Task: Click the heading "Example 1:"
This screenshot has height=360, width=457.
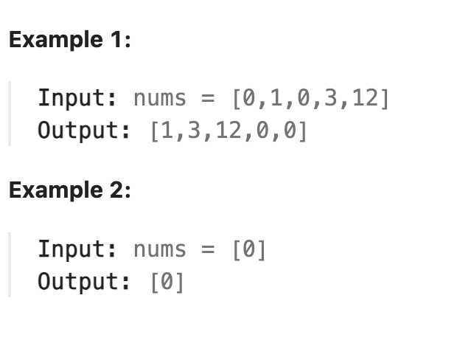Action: coord(69,40)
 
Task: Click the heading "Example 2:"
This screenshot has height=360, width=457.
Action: coord(69,190)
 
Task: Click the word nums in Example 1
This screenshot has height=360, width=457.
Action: coord(160,97)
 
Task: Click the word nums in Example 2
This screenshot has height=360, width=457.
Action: coord(160,249)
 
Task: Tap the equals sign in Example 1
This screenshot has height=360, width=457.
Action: coord(209,97)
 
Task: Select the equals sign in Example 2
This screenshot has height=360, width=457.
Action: coord(209,249)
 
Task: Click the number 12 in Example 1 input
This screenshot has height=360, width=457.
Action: coord(365,97)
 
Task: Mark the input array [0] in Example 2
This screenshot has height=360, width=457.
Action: coord(248,249)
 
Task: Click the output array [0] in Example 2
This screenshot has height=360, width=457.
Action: coord(167,281)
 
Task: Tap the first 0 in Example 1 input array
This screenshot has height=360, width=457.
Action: coord(248,97)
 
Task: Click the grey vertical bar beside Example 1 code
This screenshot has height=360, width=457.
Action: coord(10,114)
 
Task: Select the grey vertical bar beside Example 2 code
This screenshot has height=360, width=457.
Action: coord(10,265)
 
